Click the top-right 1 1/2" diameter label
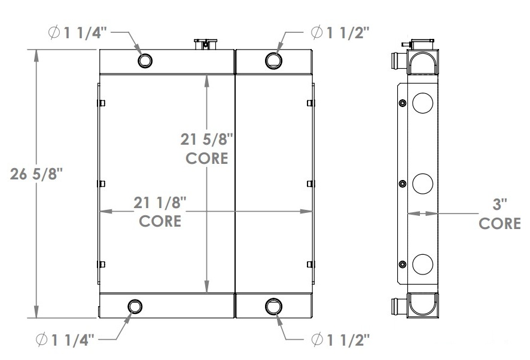coord(340,33)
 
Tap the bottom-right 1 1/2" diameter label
coord(340,340)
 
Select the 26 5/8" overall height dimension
coord(36,175)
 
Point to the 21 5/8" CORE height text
coord(206,149)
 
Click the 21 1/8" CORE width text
coord(160,211)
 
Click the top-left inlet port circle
coord(145,60)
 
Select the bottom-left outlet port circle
coord(135,307)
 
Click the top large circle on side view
coord(422,103)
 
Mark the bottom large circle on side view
coord(422,263)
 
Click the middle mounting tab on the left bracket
coord(102,184)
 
